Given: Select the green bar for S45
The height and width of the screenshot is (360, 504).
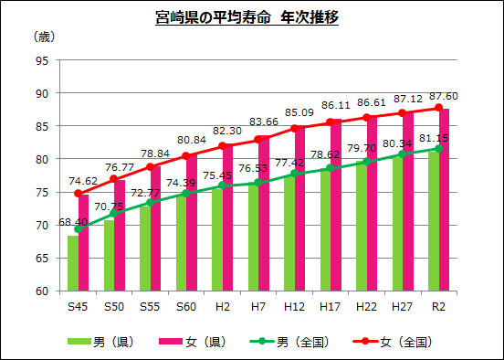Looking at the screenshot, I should point(72,263).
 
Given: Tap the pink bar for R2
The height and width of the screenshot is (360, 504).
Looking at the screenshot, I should point(444,200).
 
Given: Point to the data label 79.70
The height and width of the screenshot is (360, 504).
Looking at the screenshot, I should point(363,148).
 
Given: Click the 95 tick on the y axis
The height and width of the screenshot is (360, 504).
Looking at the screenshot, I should point(42,60).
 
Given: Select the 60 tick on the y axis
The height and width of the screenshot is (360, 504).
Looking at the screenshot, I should point(42,291).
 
